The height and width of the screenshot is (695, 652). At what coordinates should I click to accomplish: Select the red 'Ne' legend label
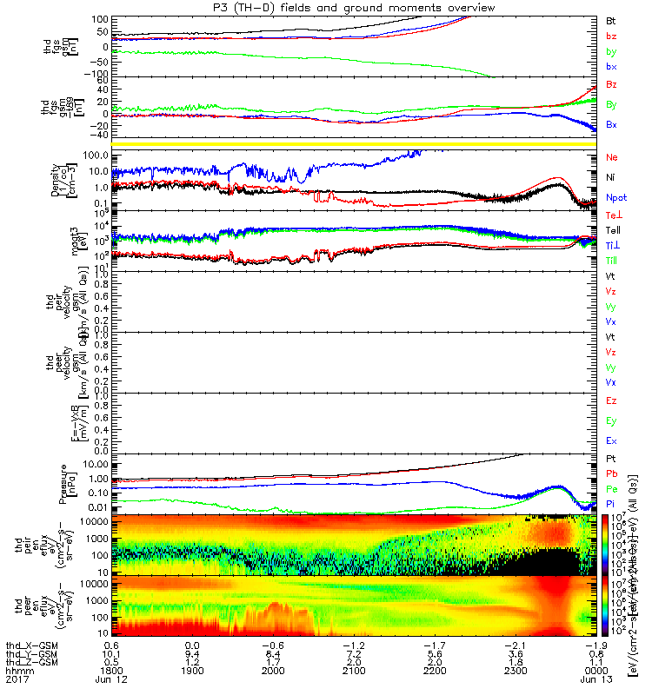point(611,157)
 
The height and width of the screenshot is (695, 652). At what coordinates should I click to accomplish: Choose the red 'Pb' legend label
point(611,473)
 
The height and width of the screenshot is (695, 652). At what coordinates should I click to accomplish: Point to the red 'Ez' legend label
point(611,401)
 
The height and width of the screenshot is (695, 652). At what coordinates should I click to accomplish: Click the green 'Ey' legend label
point(611,421)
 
